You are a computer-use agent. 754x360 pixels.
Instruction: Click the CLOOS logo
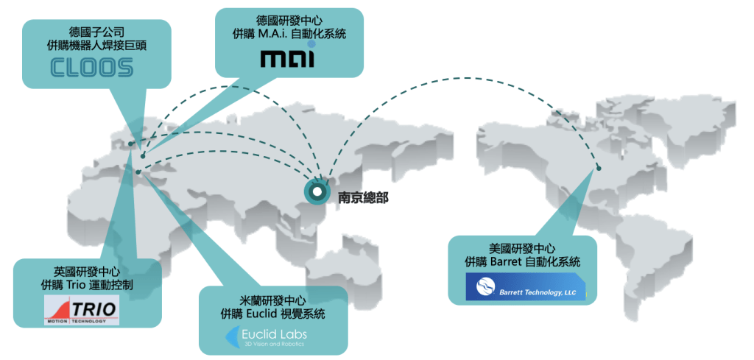pyautogui.click(x=92, y=67)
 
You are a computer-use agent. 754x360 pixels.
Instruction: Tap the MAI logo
pyautogui.click(x=290, y=57)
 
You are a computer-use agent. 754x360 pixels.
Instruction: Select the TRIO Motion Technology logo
pyautogui.click(x=82, y=309)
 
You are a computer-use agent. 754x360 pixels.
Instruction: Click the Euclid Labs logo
pyautogui.click(x=265, y=338)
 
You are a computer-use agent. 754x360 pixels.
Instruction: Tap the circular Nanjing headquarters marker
pyautogui.click(x=317, y=192)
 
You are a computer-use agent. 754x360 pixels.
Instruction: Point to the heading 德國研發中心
pyautogui.click(x=290, y=20)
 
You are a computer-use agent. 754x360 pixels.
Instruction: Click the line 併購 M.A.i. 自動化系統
pyautogui.click(x=290, y=34)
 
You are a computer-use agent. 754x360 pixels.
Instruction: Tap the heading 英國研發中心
pyautogui.click(x=87, y=271)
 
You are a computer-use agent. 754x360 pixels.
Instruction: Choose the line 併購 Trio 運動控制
pyautogui.click(x=87, y=284)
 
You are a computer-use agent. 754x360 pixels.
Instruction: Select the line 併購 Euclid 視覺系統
pyautogui.click(x=273, y=314)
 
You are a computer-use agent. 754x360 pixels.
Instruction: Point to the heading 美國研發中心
pyautogui.click(x=522, y=248)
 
